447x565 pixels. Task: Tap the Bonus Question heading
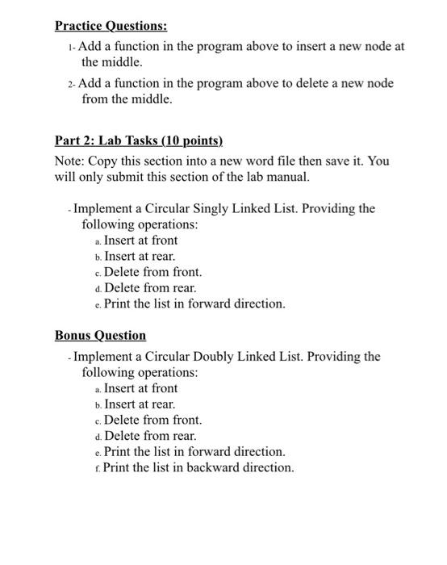pyautogui.click(x=100, y=335)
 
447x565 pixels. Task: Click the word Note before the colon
pyautogui.click(x=69, y=161)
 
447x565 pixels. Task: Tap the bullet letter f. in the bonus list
pyautogui.click(x=98, y=468)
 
